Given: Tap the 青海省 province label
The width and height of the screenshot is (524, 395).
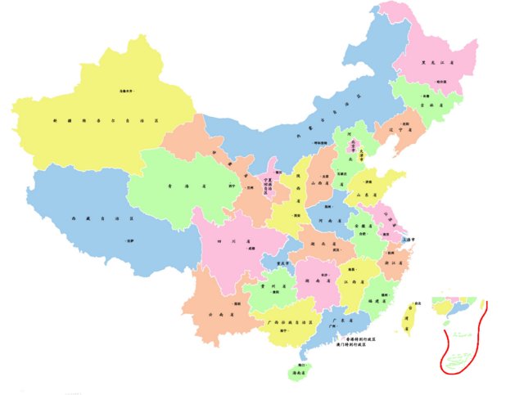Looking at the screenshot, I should pos(173,186).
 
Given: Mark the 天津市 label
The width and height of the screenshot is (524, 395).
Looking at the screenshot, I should pos(377,149).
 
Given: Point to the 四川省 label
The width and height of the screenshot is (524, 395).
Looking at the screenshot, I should pos(220,242).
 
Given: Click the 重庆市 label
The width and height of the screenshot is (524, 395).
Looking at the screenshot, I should pos(283,263).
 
